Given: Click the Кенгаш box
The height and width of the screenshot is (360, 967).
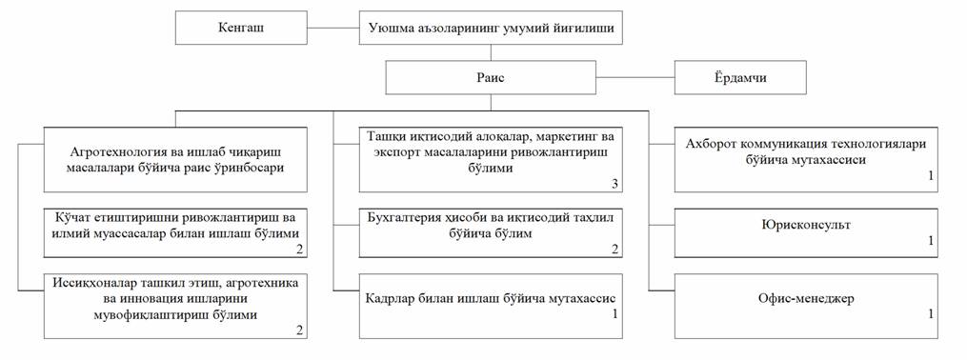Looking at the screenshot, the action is pos(241,28).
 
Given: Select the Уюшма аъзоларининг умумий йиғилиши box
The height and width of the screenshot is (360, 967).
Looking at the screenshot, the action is pos(491,28).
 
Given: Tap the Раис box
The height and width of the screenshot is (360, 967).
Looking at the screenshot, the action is pos(491,77).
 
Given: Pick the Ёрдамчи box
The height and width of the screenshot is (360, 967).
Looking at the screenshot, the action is pos(740,78).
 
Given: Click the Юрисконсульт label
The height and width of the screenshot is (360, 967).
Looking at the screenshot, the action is pos(806,225).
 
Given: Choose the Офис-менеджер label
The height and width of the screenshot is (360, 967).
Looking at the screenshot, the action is pos(806,299).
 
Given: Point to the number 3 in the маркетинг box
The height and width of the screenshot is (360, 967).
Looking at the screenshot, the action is pos(614,185).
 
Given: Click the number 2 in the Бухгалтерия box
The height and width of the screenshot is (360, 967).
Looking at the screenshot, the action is pos(614,249).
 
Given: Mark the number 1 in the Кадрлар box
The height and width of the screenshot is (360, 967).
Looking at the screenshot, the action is pos(614,313).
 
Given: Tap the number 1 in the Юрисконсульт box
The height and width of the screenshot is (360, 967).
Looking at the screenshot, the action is pos(931,240).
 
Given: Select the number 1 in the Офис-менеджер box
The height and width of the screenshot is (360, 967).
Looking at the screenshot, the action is pos(931,313).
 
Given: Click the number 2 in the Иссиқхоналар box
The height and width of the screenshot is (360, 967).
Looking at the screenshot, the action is pos(299,330).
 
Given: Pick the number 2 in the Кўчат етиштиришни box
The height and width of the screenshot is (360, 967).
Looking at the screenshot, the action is pos(299,249).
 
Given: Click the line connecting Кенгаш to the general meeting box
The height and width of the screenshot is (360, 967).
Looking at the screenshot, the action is pos(333,28).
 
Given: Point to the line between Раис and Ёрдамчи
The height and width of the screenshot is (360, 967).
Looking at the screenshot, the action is pos(635,78).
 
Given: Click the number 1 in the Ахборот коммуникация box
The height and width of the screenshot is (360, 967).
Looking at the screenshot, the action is pos(931,175).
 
